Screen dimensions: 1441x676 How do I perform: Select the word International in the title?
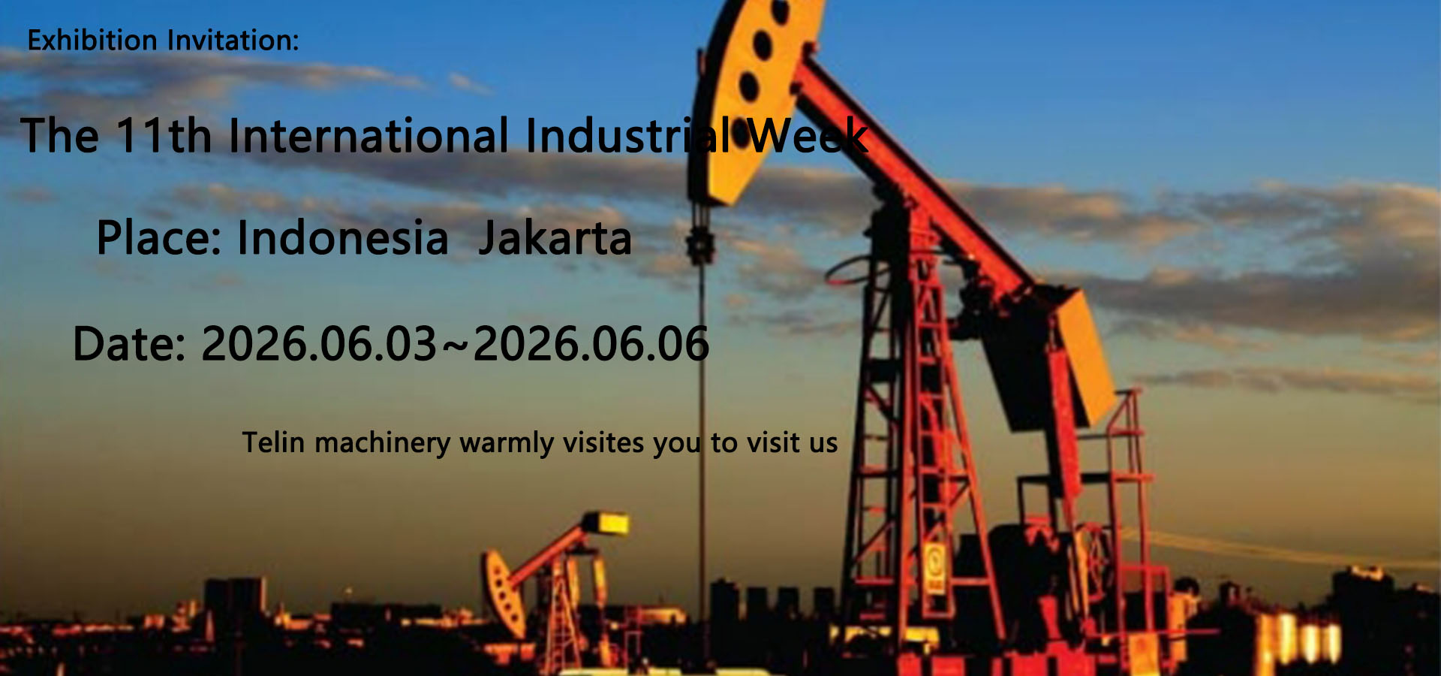(369, 136)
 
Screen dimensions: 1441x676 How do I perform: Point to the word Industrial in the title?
(629, 136)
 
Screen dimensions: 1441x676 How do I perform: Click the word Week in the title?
(808, 136)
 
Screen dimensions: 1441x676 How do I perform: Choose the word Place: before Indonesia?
(159, 238)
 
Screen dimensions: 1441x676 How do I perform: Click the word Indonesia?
(343, 238)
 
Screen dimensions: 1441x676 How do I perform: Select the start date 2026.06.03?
(319, 344)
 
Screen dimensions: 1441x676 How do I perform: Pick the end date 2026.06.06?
(591, 344)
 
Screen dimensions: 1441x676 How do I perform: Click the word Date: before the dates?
(129, 344)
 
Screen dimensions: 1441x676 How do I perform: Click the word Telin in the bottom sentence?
(273, 442)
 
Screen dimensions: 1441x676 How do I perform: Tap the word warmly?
(507, 444)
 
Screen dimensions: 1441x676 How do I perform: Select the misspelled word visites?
(603, 442)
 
